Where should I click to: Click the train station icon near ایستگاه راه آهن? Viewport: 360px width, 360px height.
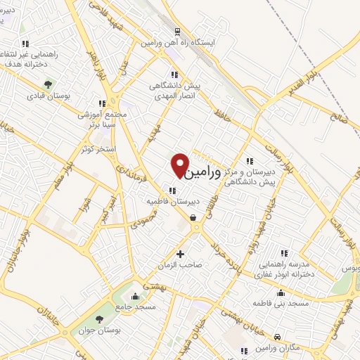pos(176,32)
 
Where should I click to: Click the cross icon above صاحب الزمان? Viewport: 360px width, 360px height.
pos(180,254)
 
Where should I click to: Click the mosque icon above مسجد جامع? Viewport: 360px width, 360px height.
pos(136,295)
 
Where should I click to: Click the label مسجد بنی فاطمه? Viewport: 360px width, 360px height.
pos(281,303)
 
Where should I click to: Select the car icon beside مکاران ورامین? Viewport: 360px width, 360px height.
pos(278,337)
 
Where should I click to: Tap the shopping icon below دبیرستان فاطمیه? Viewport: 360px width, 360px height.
pos(193,217)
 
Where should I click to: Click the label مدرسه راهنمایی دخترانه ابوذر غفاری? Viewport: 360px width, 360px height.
pos(284,270)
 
